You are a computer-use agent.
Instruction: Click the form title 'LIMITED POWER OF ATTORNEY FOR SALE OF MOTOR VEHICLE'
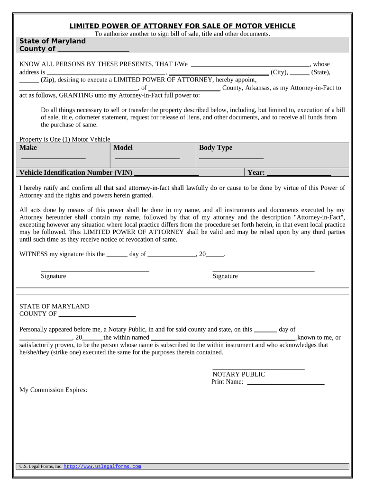182,26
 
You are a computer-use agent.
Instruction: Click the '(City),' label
279,72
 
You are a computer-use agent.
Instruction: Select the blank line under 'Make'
53,157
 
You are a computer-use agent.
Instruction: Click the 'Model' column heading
123,148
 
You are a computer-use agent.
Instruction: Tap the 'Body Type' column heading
216,148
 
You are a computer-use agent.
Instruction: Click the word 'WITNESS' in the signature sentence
33,254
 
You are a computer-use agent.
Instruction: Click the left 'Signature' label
53,276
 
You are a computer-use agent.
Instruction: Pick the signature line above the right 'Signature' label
263,270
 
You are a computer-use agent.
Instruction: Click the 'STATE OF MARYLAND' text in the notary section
54,306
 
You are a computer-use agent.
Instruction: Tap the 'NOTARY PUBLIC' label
238,374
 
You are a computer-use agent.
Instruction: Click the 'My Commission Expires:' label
53,390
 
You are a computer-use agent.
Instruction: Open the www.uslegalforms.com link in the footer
102,467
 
